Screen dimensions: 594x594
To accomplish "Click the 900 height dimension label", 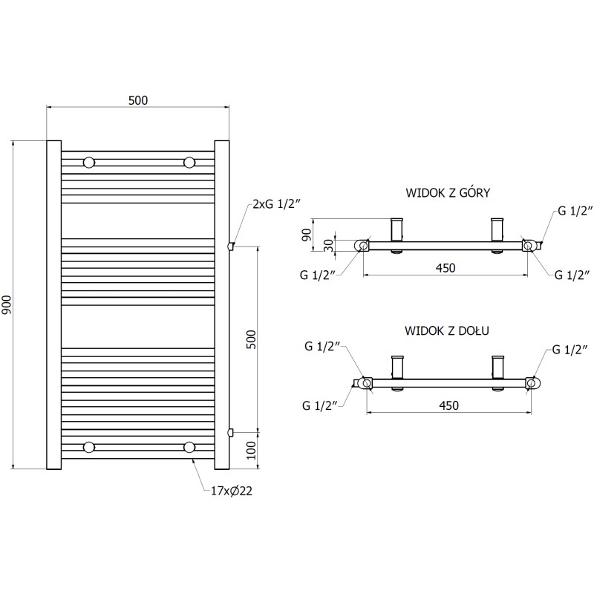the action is (7, 304).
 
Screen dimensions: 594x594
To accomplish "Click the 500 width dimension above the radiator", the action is (138, 100).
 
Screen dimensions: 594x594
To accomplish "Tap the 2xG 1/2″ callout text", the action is (276, 204).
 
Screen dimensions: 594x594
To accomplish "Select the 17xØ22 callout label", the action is (232, 491).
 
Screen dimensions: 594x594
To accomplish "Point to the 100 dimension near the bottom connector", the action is (252, 451).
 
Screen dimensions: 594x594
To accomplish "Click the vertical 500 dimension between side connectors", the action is (252, 340).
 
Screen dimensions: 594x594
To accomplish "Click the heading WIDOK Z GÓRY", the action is (448, 192).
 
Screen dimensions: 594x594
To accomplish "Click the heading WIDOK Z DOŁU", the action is (447, 330).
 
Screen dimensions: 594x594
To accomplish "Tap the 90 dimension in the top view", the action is (306, 235).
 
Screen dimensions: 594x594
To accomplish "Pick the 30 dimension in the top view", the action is (329, 246).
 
